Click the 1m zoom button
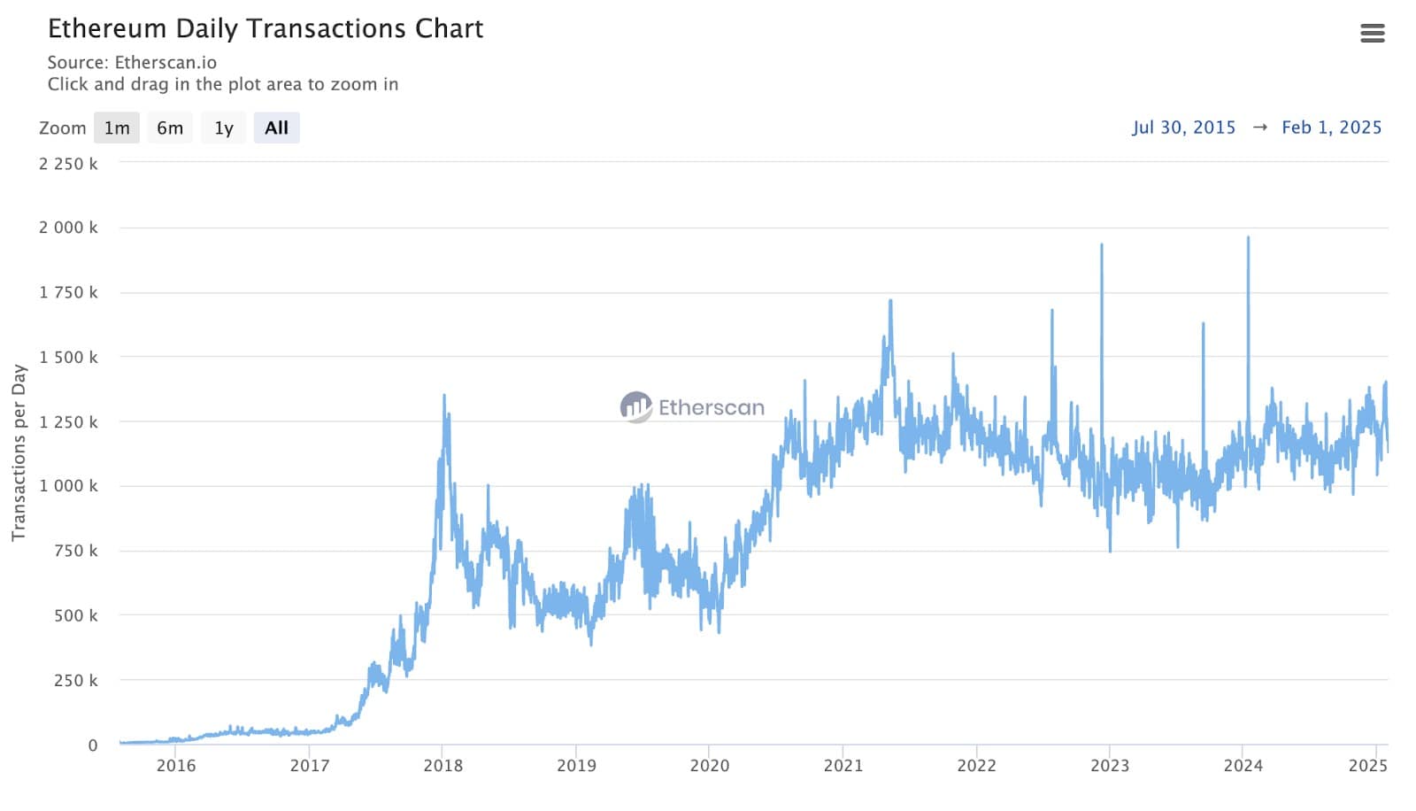(117, 127)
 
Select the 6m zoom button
(170, 127)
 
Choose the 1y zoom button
(224, 127)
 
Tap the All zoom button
(276, 127)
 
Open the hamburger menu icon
(1372, 34)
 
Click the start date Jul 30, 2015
(1183, 127)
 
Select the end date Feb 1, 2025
(1331, 127)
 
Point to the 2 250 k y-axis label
(68, 164)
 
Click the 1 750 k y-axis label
(68, 292)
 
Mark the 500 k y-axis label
(75, 615)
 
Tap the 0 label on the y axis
(92, 745)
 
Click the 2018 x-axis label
(442, 766)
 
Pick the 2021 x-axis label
(843, 766)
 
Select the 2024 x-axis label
(1243, 766)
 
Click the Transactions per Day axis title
(19, 452)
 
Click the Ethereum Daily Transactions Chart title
(265, 28)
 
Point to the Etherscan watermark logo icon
(635, 407)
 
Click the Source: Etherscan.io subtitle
(132, 62)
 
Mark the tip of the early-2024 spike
(1248, 237)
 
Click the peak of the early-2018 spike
(444, 395)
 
